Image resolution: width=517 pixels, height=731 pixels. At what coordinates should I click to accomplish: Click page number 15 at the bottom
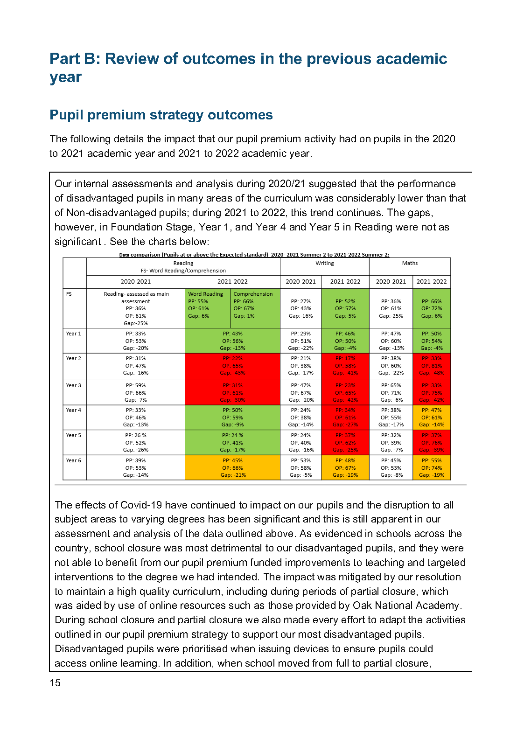click(x=55, y=683)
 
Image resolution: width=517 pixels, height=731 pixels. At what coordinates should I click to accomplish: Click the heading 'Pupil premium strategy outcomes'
click(x=161, y=115)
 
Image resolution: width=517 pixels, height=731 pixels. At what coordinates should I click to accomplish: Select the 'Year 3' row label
click(x=74, y=386)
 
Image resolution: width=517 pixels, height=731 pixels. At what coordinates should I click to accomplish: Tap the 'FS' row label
click(x=69, y=294)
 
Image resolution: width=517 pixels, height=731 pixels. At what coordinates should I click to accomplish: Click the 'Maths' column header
click(x=410, y=264)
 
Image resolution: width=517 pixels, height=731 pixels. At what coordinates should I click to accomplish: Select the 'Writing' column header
click(x=324, y=264)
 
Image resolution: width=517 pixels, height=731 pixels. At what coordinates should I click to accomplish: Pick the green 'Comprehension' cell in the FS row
click(x=255, y=308)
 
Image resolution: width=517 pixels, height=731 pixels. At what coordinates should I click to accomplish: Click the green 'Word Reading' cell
click(x=207, y=308)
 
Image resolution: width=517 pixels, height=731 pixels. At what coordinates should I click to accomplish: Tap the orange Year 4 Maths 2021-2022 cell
click(x=432, y=418)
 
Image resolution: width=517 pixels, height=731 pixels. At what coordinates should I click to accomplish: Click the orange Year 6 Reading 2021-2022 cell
click(x=232, y=467)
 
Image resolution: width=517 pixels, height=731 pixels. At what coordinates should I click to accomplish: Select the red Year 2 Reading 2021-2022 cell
click(x=232, y=366)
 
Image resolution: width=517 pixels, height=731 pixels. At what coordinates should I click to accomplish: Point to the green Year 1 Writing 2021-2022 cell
click(x=345, y=341)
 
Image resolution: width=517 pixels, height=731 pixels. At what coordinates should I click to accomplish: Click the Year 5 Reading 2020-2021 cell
click(x=136, y=443)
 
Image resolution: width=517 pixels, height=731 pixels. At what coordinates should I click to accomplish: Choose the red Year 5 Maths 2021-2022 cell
click(x=432, y=443)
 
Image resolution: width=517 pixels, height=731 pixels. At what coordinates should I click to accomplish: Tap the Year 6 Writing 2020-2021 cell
click(x=300, y=467)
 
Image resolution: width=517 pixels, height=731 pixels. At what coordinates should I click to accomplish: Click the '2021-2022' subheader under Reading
click(x=232, y=282)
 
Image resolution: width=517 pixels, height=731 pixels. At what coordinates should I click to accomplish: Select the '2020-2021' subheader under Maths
click(x=391, y=282)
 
